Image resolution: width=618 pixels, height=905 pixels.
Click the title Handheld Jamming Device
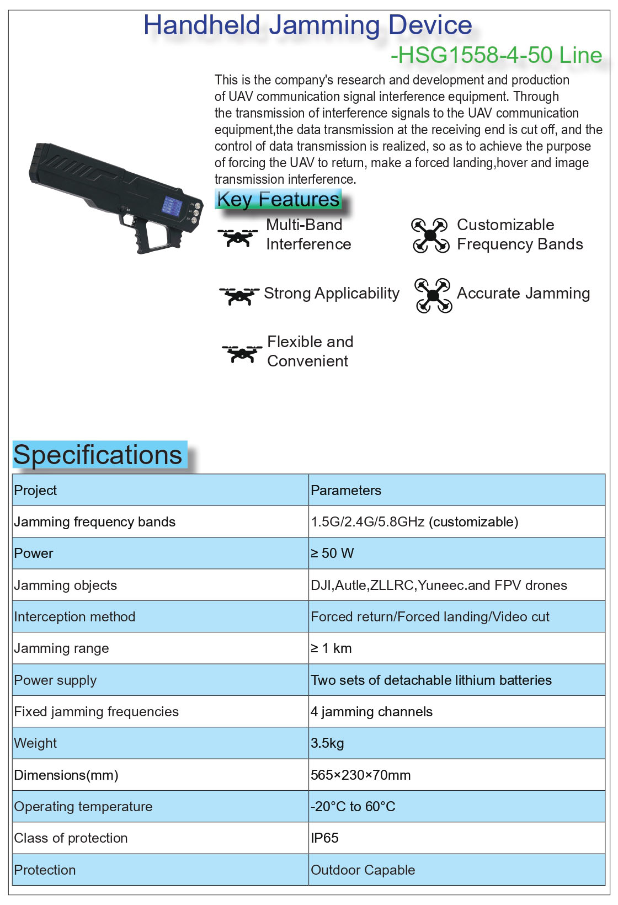point(307,25)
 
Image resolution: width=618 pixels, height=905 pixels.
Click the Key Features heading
point(278,199)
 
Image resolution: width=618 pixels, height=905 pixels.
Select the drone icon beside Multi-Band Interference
point(238,237)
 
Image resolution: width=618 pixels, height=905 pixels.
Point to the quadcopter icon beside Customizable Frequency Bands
point(430,236)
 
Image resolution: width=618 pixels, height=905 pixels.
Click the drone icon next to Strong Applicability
point(239,295)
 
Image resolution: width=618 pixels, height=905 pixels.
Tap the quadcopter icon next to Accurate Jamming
point(433,296)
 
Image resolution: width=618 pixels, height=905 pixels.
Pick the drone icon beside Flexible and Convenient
point(242,353)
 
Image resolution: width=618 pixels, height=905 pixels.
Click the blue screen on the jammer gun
point(172,206)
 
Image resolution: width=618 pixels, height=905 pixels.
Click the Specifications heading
point(98,455)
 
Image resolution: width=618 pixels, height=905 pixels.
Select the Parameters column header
point(346,490)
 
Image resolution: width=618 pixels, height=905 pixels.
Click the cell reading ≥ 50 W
point(332,553)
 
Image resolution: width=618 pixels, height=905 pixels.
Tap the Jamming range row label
point(61,648)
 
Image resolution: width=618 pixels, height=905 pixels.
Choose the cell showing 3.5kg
point(327,743)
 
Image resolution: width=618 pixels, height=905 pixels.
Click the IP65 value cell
point(324,838)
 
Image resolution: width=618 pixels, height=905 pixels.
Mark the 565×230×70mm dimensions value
point(360,775)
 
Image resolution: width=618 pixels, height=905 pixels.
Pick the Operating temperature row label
point(83,807)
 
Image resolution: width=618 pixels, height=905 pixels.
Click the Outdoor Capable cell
point(363,870)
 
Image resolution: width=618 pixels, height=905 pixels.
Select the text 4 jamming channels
point(371,712)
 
